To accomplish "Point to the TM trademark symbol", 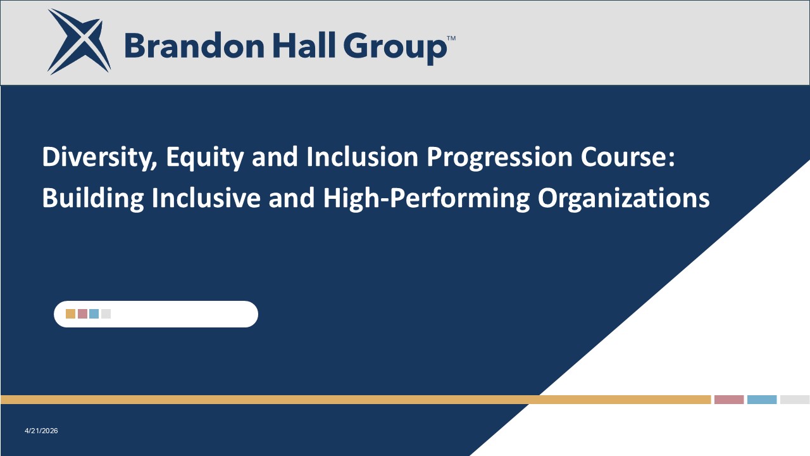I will coord(451,38).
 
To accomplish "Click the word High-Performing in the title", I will coord(426,199).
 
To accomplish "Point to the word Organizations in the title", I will coord(623,199).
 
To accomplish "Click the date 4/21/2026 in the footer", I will coord(41,431).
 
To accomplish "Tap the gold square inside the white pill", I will coord(70,313).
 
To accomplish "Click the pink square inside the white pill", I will coord(82,313).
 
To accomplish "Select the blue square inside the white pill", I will coord(94,313).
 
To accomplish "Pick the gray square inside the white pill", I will coord(106,313).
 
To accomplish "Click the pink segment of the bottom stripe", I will coord(729,400).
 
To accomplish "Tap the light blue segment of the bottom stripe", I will coord(762,400).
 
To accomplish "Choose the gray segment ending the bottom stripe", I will coord(795,400).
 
